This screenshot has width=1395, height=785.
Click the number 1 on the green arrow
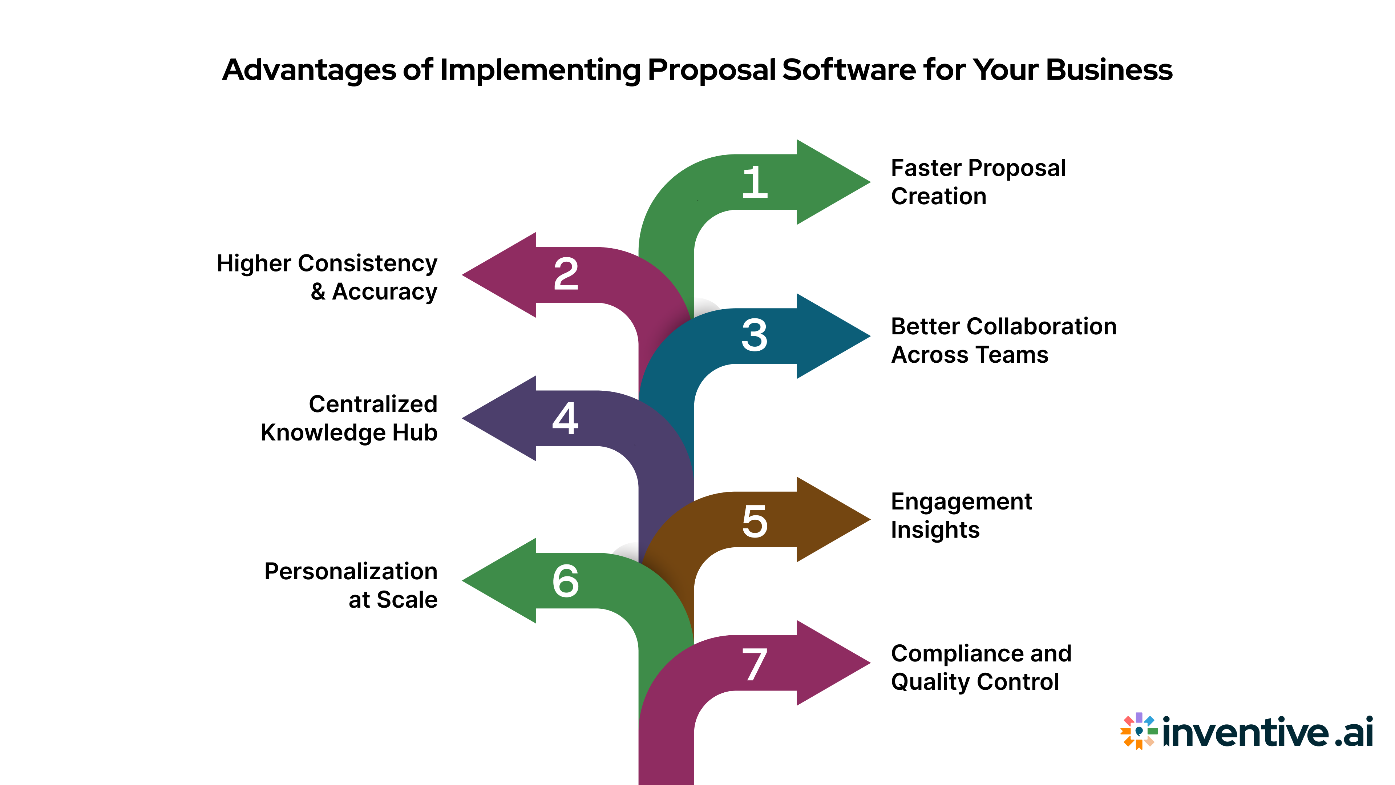point(755,182)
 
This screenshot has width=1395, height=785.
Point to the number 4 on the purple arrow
point(565,418)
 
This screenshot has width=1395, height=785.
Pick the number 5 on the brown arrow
point(755,521)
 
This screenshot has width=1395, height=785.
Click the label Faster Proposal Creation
point(978,182)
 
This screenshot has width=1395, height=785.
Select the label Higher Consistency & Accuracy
point(327,277)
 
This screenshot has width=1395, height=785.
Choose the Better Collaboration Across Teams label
point(1003,340)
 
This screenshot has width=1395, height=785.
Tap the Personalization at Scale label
point(351,585)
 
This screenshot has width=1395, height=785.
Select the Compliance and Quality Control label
point(981,668)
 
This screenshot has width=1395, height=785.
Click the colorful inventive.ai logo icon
point(1139,731)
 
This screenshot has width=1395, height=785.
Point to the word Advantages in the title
point(309,71)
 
